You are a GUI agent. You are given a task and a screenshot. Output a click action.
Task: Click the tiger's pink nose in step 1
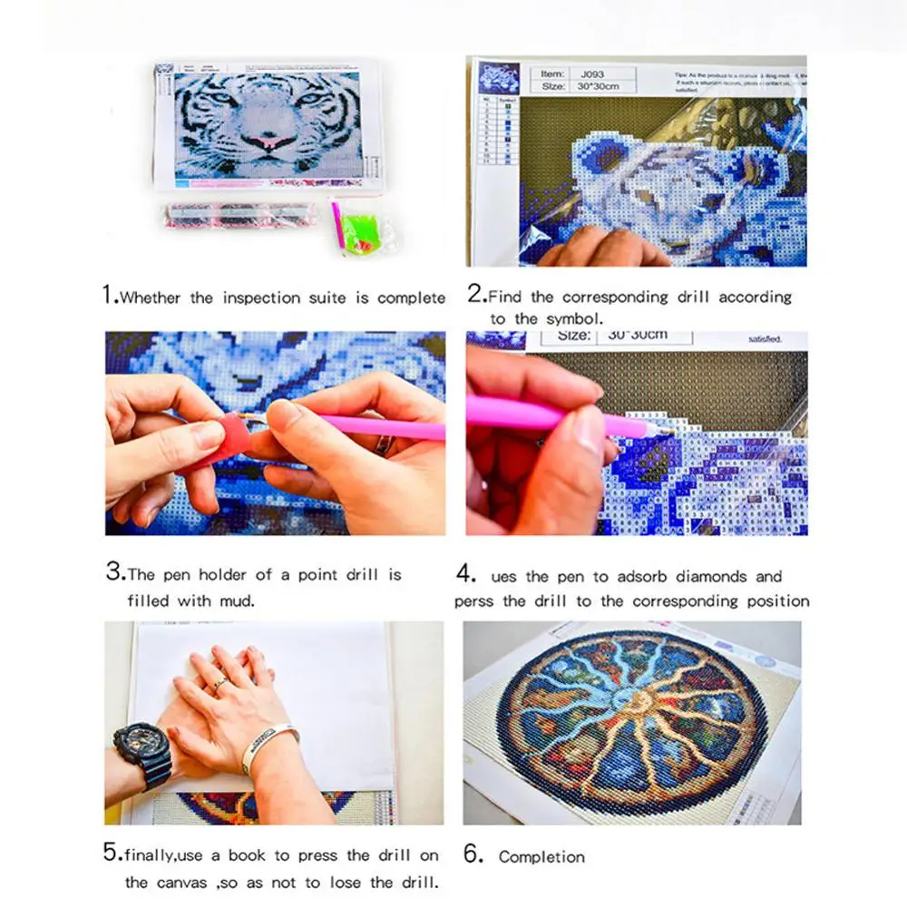pos(268,143)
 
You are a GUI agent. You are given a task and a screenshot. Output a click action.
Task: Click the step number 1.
pos(109,295)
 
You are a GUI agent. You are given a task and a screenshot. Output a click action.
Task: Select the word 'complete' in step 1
pos(411,298)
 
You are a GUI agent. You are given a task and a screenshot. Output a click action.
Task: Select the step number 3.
pos(113,572)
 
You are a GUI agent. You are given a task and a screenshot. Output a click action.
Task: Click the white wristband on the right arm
pos(269,744)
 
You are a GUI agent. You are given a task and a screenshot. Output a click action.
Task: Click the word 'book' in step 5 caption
pos(247,855)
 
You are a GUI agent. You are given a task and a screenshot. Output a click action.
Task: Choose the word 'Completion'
pos(541,857)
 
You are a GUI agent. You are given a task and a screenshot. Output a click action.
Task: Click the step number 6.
pos(471,855)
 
